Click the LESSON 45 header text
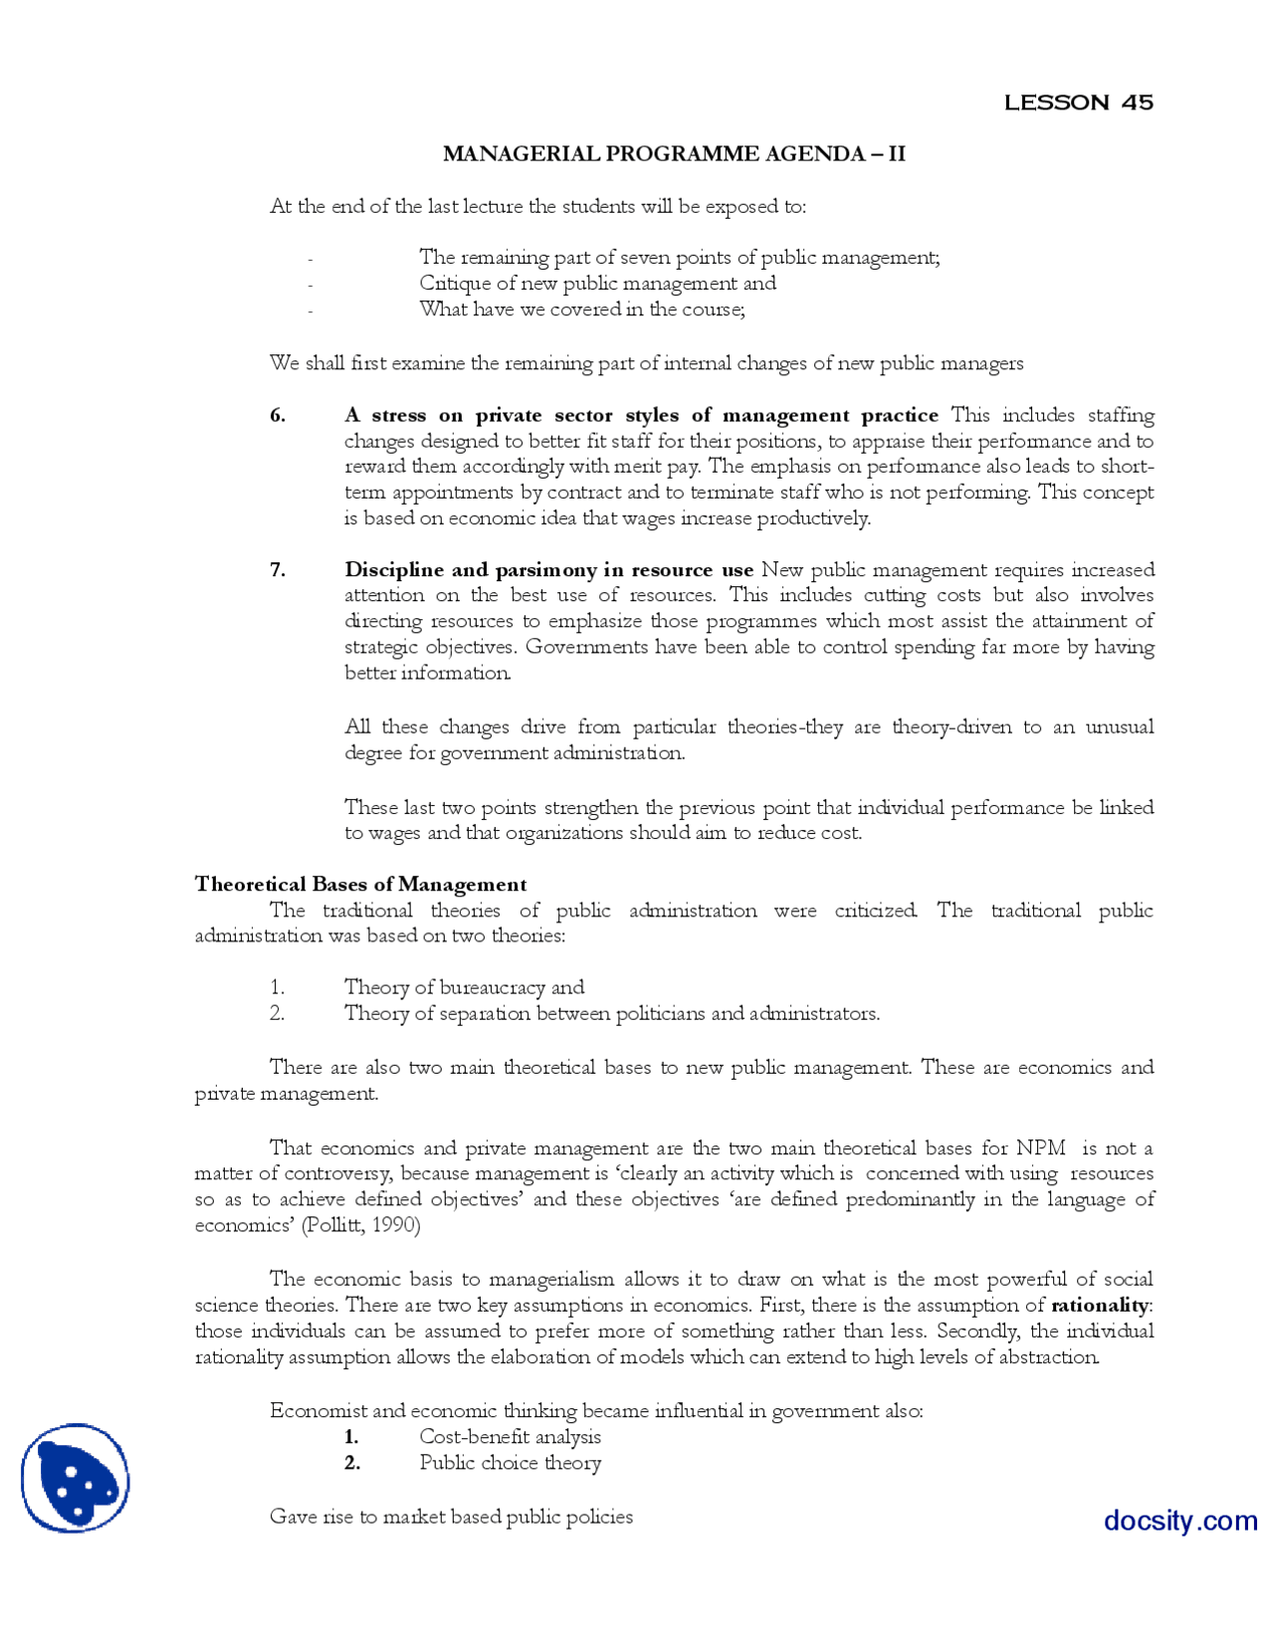(x=1078, y=103)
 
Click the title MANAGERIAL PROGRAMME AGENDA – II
(x=674, y=154)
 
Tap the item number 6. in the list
(x=278, y=416)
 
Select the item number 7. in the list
(x=278, y=570)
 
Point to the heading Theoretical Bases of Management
(x=360, y=885)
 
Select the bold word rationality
(x=1100, y=1305)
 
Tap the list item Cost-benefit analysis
(x=510, y=1437)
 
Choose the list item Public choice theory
(x=510, y=1463)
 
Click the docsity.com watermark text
(x=1179, y=1521)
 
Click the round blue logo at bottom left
(x=76, y=1478)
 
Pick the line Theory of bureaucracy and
(x=464, y=987)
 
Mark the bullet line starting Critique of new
(x=597, y=284)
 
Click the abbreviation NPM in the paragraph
(x=1040, y=1148)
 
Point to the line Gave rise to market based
(x=451, y=1517)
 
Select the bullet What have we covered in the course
(x=581, y=309)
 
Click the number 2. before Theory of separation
(x=277, y=1013)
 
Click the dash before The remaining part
(x=311, y=259)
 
